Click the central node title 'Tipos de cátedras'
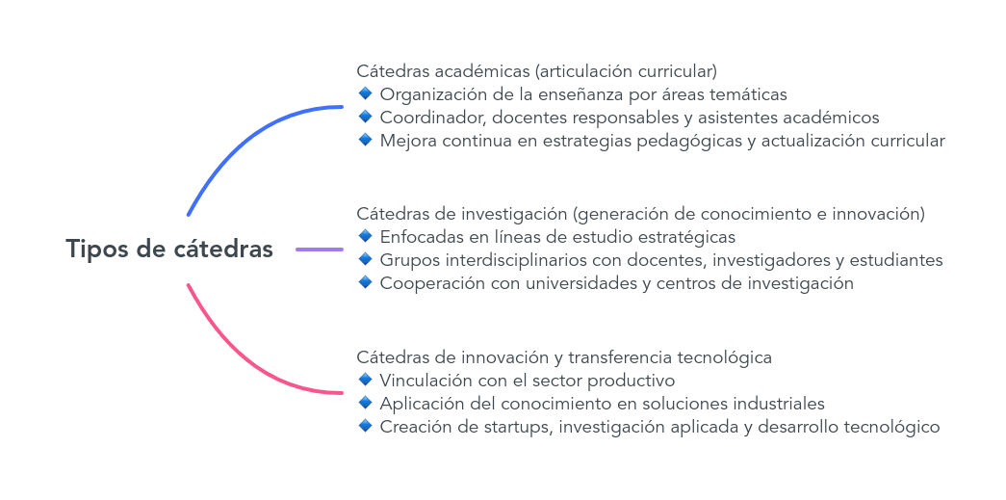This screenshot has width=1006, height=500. [x=169, y=250]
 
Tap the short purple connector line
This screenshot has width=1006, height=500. [x=320, y=250]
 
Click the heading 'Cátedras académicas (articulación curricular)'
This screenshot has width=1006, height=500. [x=536, y=70]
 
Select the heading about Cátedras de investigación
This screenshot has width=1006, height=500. [x=640, y=214]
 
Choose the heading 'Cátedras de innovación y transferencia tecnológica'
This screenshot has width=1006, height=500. [x=564, y=356]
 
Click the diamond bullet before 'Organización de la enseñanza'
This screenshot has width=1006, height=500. [x=365, y=93]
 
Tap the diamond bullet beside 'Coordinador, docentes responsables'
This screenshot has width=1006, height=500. [x=365, y=117]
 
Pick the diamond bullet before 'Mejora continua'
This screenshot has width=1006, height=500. [x=365, y=140]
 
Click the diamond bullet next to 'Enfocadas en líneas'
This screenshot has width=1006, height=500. [x=365, y=236]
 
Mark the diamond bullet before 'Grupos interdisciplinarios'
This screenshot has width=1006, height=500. [x=365, y=259]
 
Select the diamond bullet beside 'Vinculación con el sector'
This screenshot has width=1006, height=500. [x=365, y=380]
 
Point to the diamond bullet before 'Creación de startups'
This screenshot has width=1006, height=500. [x=365, y=426]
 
